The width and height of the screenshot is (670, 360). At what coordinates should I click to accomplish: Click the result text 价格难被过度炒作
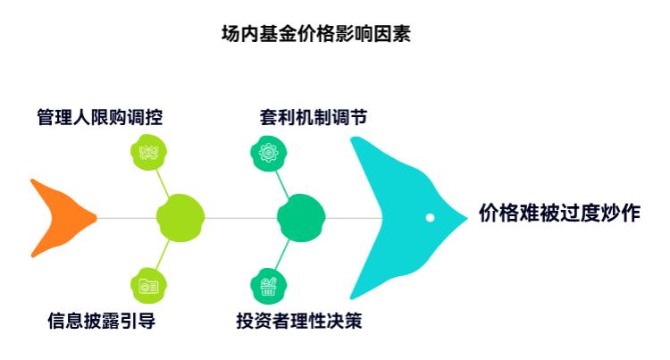pyautogui.click(x=559, y=213)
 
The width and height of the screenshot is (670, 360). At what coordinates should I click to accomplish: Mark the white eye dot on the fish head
pyautogui.click(x=430, y=217)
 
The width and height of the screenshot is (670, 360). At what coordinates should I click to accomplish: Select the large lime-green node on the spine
pyautogui.click(x=181, y=217)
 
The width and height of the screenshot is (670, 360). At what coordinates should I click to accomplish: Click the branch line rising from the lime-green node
pyautogui.click(x=163, y=183)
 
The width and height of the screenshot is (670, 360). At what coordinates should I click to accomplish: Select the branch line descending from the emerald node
pyautogui.click(x=283, y=253)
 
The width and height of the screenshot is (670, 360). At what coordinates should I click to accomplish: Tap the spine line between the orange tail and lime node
pyautogui.click(x=125, y=217)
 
